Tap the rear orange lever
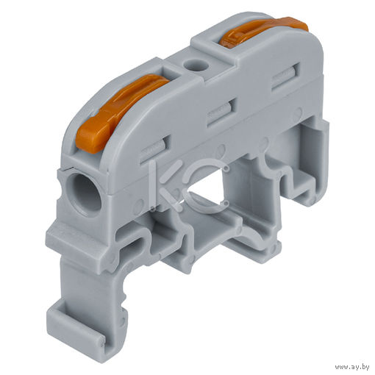(262, 31)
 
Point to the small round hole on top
(196, 65)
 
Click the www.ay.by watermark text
(352, 367)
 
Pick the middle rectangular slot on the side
(222, 113)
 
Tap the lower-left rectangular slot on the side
(154, 149)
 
